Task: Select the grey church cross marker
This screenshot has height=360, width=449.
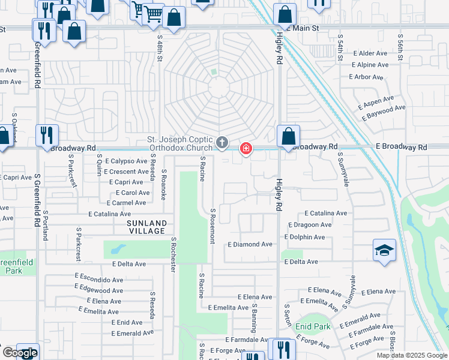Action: [x=222, y=143]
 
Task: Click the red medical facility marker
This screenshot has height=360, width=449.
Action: [x=246, y=148]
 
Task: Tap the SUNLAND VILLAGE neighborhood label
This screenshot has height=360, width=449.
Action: [x=146, y=227]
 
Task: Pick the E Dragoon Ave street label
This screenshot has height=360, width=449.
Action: [x=310, y=225]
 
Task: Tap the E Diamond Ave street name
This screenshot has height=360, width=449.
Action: [x=250, y=245]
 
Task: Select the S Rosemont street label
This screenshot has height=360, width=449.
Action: [x=212, y=226]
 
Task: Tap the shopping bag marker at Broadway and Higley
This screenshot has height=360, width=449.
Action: [x=289, y=137]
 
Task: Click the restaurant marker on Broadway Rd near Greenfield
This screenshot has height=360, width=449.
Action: [x=47, y=136]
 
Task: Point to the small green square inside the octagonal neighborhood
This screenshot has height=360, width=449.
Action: [x=213, y=73]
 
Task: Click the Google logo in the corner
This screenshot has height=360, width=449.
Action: [x=20, y=353]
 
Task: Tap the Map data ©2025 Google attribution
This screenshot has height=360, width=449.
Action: [x=411, y=355]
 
